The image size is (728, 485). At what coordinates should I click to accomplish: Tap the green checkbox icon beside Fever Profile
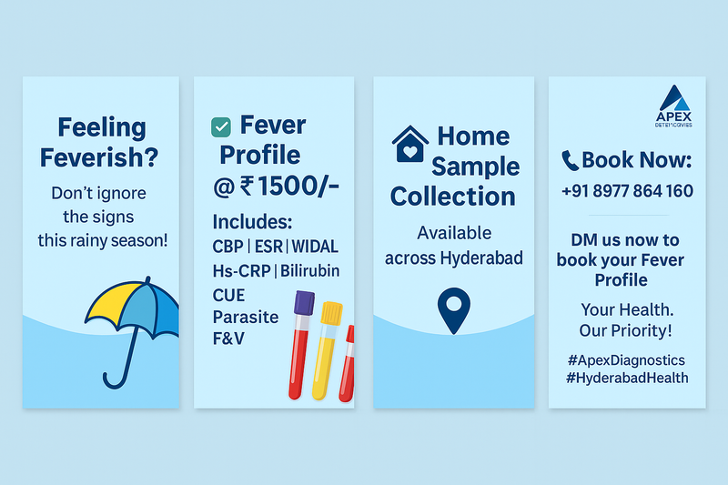click(220, 127)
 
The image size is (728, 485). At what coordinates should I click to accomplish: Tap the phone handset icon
click(571, 161)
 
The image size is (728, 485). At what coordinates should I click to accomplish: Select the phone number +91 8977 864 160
click(627, 191)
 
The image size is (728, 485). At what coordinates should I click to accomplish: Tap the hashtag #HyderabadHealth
click(625, 378)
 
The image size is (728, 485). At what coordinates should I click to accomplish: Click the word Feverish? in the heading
click(98, 157)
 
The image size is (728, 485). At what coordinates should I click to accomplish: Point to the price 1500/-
click(299, 187)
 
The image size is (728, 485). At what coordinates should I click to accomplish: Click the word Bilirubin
click(310, 271)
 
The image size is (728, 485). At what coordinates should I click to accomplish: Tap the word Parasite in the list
click(245, 317)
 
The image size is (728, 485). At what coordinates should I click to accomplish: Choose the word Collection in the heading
click(453, 197)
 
